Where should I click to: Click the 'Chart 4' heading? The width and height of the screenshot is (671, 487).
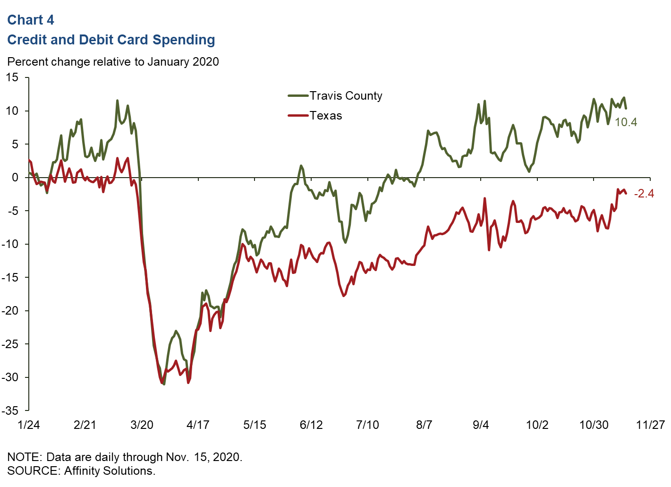(31, 20)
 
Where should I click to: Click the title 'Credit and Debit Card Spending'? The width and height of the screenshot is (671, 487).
(111, 40)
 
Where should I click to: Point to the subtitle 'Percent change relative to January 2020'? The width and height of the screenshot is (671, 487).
(113, 62)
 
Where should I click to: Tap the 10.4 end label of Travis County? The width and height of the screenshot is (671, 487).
(626, 122)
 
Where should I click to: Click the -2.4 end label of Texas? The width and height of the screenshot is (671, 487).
(644, 194)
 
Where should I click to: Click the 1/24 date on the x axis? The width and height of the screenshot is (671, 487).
(29, 425)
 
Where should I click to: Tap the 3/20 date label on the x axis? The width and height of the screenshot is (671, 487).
(142, 425)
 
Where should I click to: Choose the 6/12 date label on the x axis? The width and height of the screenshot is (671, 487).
(311, 425)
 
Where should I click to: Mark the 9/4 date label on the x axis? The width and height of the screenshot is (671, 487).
(481, 425)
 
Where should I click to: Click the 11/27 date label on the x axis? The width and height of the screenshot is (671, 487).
(650, 425)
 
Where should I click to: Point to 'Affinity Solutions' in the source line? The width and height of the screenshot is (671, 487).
(109, 471)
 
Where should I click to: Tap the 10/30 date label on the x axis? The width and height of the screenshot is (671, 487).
(594, 425)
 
